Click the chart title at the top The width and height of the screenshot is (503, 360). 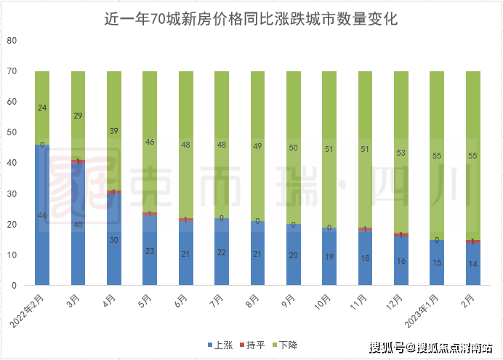click(x=251, y=19)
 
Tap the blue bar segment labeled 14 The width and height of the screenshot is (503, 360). click(x=472, y=265)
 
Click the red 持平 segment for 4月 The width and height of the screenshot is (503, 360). click(x=114, y=192)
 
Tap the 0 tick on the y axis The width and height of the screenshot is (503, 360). click(x=14, y=286)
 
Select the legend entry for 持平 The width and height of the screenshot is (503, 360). click(x=251, y=345)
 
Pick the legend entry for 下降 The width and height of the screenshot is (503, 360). click(x=283, y=345)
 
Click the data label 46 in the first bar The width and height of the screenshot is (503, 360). click(x=42, y=216)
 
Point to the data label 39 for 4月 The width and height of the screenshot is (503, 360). click(x=114, y=131)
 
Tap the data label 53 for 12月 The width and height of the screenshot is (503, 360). click(x=401, y=153)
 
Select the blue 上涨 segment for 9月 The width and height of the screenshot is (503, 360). click(x=294, y=255)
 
